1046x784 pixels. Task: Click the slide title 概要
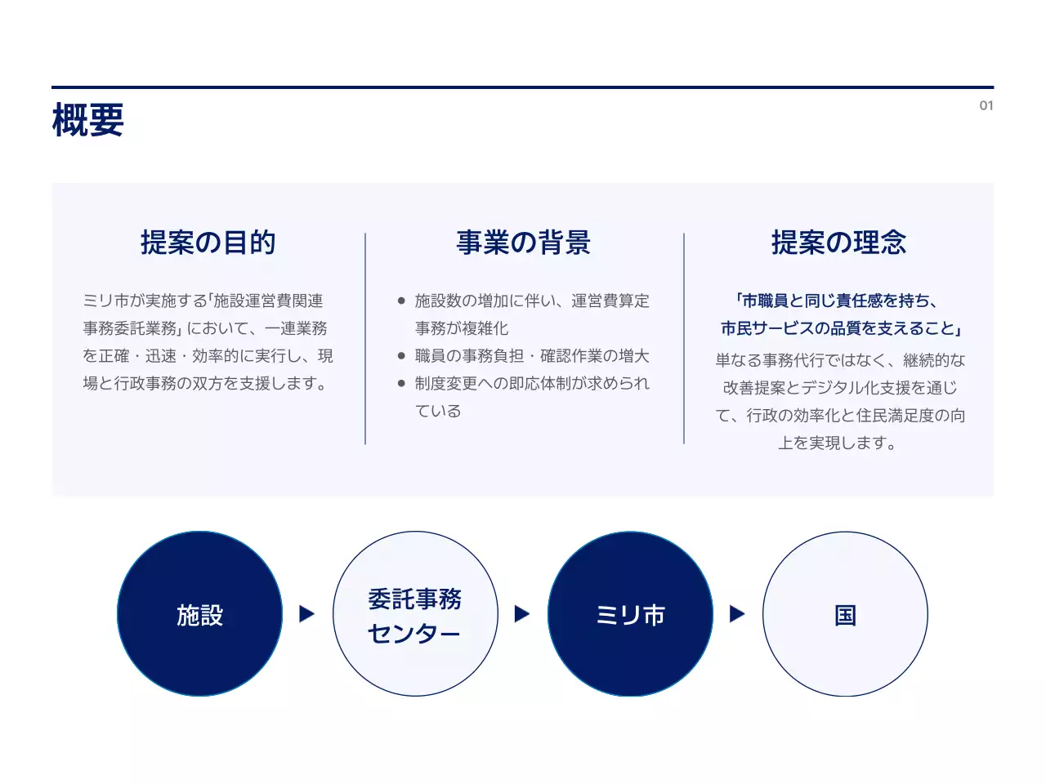tap(88, 120)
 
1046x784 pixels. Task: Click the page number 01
tap(986, 105)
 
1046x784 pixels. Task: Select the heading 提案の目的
tap(208, 243)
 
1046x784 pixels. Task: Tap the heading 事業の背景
tap(523, 243)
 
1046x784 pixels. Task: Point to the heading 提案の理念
tap(838, 243)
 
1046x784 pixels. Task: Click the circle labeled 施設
tap(200, 614)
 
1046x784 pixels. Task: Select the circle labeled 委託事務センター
tap(415, 614)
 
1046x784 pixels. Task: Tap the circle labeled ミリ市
tap(630, 614)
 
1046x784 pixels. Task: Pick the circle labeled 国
tap(845, 614)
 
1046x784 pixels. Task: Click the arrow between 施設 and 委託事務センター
tap(307, 614)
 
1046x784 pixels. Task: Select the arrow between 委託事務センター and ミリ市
tap(522, 614)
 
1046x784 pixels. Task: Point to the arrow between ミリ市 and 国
tap(737, 614)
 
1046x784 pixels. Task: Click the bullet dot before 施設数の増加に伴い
tap(401, 301)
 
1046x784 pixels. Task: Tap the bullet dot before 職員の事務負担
tap(401, 356)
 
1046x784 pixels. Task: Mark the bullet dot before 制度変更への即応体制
tap(401, 384)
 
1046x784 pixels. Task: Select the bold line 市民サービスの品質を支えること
tap(840, 328)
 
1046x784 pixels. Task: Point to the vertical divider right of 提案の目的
tap(365, 339)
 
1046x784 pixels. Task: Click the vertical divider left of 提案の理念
tap(684, 339)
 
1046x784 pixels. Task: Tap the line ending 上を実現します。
tap(838, 443)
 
